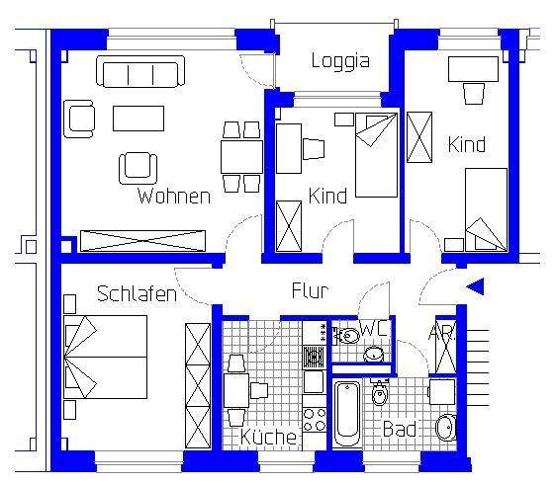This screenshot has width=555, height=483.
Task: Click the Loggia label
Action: tap(339, 61)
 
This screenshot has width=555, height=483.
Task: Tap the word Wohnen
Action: tap(174, 196)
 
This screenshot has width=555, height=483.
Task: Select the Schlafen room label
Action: tap(137, 293)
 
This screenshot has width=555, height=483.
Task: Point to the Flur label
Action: tap(309, 290)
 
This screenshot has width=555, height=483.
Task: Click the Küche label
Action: tap(268, 437)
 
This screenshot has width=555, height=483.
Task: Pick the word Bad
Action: tap(399, 432)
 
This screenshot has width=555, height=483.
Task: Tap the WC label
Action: tap(372, 328)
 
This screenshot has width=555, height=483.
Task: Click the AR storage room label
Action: tap(440, 333)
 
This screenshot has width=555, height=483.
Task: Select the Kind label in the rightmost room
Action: tap(466, 144)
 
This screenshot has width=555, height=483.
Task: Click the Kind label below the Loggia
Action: tap(327, 196)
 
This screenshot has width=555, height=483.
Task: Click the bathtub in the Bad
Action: tap(347, 413)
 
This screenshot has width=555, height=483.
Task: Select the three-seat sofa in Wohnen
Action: tap(139, 72)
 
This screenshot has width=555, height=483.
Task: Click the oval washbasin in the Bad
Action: tap(446, 427)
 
